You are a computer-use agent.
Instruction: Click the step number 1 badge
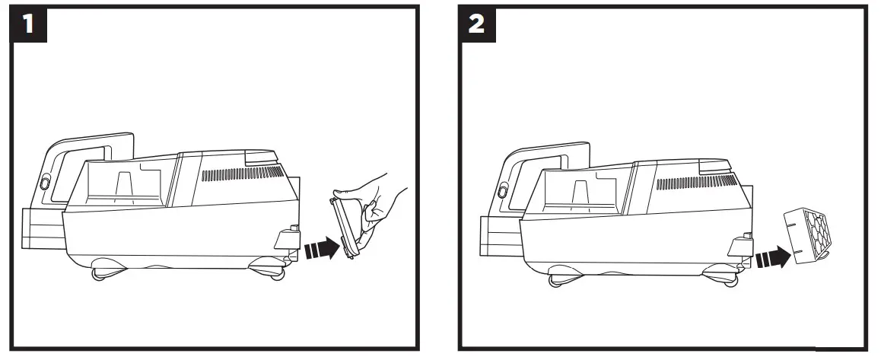(29, 25)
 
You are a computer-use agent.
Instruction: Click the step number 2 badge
(477, 25)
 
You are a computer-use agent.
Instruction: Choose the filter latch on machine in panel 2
(738, 245)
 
